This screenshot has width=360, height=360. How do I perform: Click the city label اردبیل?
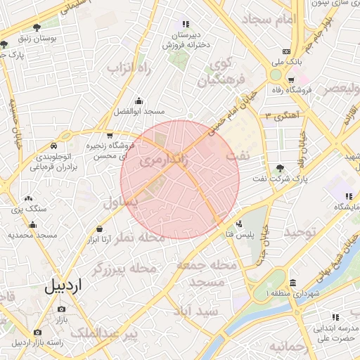(63, 286)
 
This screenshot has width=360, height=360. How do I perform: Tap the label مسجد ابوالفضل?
(139, 112)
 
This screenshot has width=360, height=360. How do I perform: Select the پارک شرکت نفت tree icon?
(281, 168)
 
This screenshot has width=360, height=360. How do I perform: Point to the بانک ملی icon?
(286, 51)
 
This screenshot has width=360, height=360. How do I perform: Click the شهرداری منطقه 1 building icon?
(292, 283)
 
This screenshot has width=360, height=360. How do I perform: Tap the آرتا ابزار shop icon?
(99, 229)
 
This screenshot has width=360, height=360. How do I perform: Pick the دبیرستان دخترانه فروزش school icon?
(186, 24)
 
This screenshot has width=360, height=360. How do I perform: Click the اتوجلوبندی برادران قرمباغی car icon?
(53, 146)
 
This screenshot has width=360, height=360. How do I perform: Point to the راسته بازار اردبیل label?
(37, 342)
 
